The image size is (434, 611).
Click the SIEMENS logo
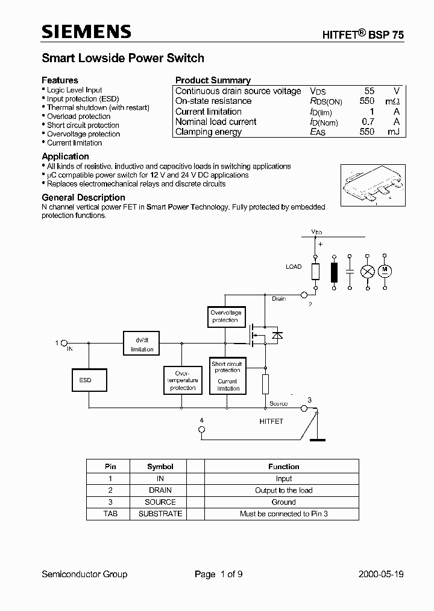pos(86,32)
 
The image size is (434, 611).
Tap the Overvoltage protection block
pos(225,316)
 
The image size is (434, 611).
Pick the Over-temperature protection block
pos(183,380)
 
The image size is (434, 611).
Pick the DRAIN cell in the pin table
pos(160,490)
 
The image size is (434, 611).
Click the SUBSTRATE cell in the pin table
pos(160,514)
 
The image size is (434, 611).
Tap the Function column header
pos(283,467)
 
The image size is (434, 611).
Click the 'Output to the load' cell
pos(283,490)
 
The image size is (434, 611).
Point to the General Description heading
pos(83,197)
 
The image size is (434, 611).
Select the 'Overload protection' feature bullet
pos(78,117)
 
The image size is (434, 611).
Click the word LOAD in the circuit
pos(294,266)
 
